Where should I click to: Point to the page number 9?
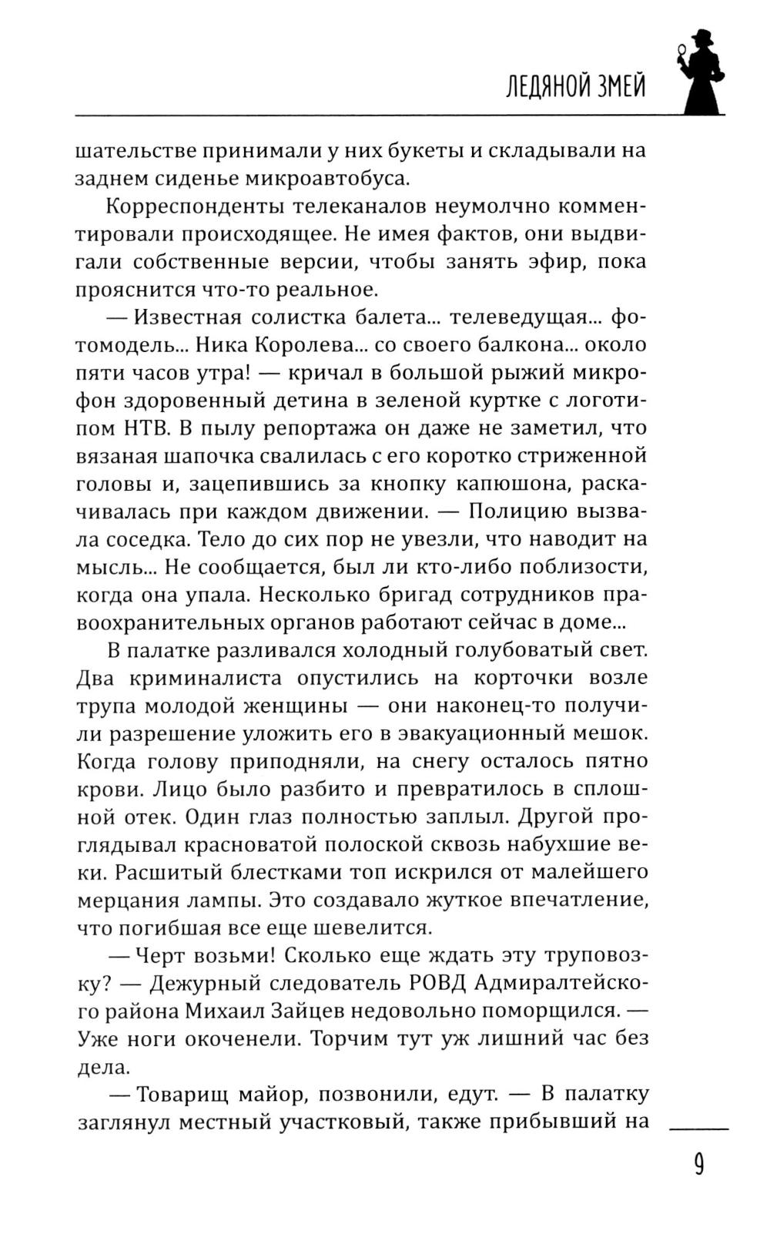click(x=698, y=1165)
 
